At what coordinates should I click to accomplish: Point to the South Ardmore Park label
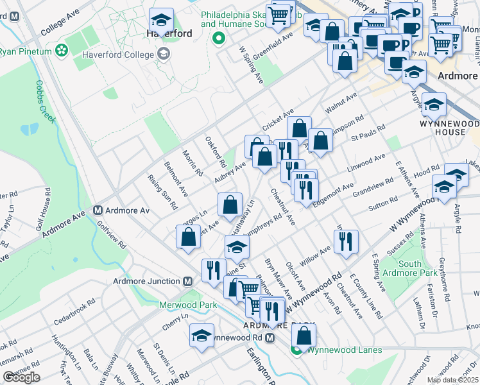click(401, 268)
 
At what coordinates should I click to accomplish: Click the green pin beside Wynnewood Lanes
click(296, 350)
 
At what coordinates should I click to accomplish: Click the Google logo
click(21, 377)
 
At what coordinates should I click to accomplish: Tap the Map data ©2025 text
click(452, 380)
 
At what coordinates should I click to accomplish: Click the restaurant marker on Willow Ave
click(346, 241)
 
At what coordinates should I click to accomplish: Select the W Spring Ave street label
click(251, 64)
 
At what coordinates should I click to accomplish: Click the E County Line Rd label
click(365, 296)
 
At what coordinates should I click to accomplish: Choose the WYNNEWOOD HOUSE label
click(449, 127)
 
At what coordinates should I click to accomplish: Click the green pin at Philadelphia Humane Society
click(218, 37)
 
